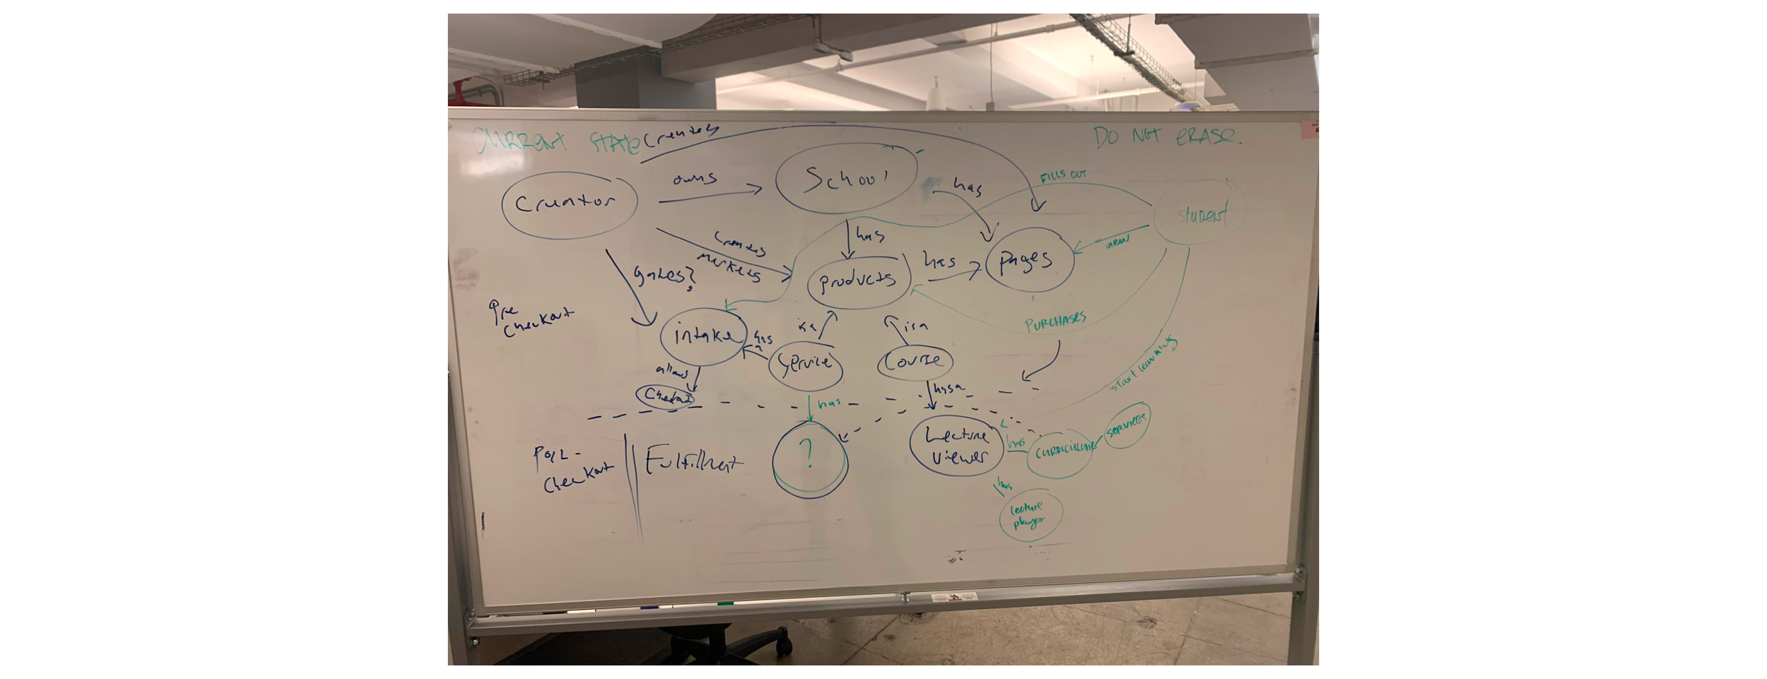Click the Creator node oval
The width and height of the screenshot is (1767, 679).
(569, 203)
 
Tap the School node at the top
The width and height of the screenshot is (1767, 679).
(846, 179)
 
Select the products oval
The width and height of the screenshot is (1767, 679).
(858, 281)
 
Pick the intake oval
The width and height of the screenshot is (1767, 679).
(703, 336)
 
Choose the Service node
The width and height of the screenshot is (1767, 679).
(805, 365)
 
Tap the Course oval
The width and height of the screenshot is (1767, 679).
(915, 362)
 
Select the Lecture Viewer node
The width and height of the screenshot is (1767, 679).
(956, 447)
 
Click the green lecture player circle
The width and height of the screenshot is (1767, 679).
(1030, 515)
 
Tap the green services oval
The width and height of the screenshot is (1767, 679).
(1126, 425)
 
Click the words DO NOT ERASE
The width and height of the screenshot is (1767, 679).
(1166, 136)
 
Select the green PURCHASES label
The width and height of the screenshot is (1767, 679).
(1055, 322)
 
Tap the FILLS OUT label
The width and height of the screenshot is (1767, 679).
(1063, 175)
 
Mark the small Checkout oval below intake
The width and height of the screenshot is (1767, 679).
(665, 396)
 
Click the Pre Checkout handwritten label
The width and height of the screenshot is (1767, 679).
(530, 319)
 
